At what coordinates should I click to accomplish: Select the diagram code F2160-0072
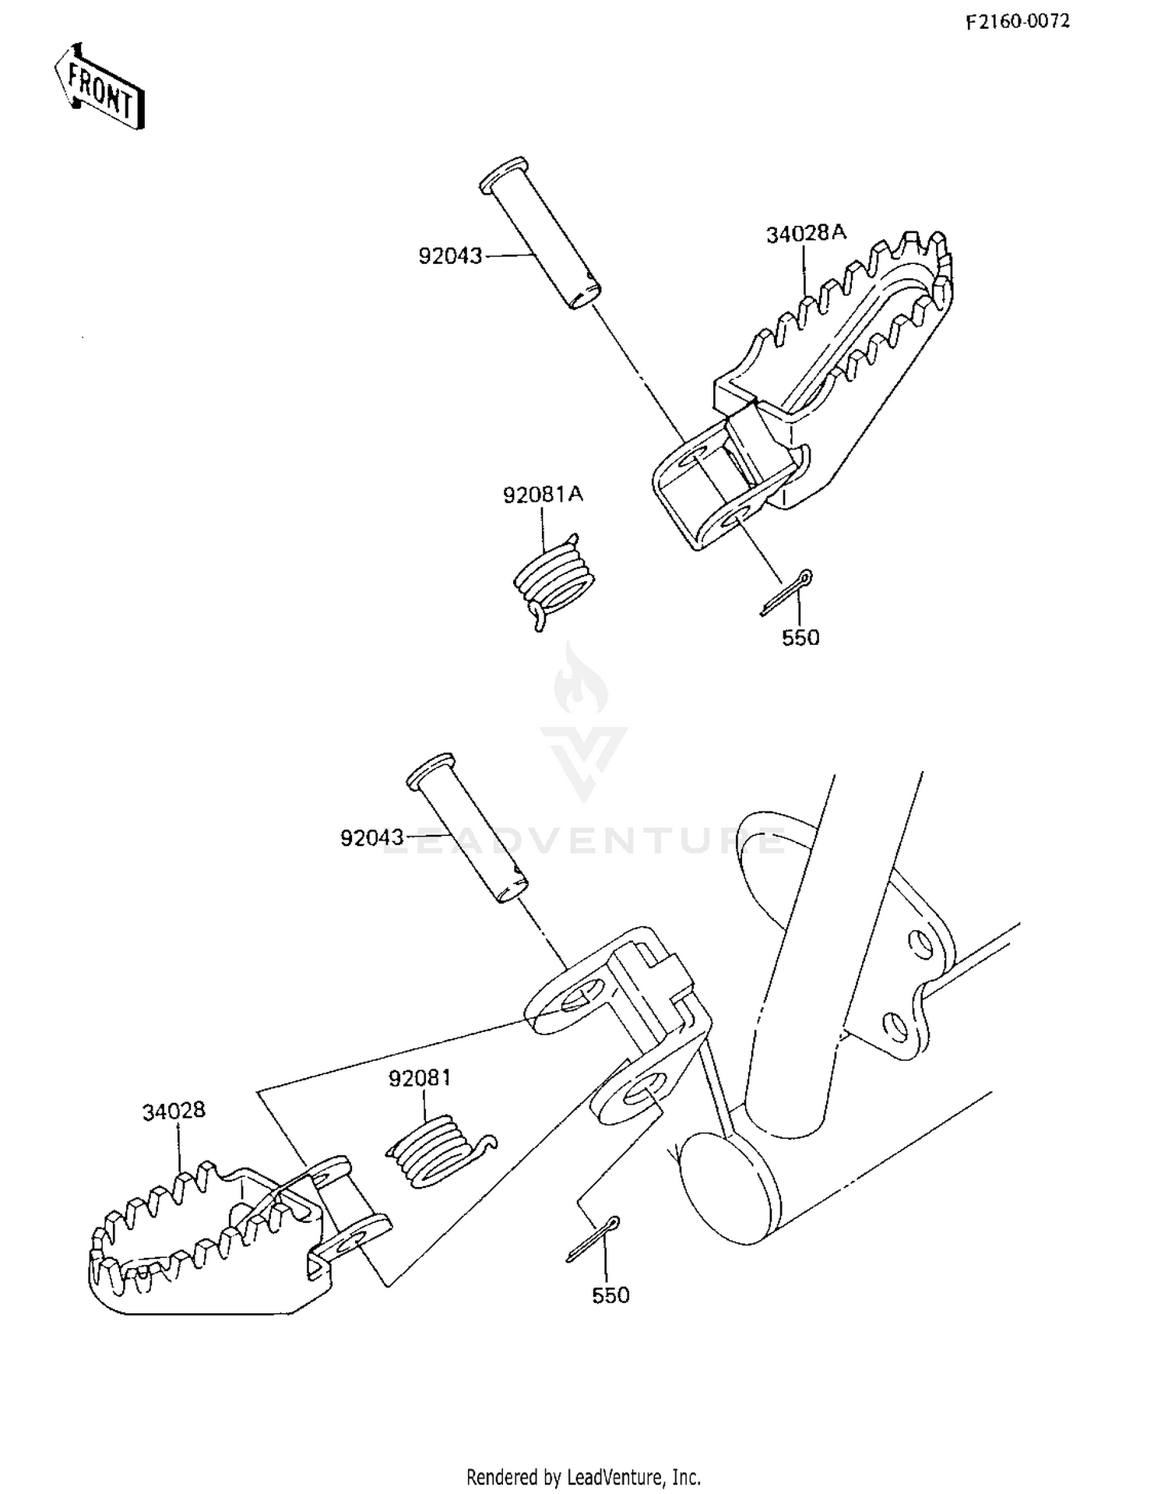(1018, 22)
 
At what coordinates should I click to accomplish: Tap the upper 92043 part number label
(450, 256)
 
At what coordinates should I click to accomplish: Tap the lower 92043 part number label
(372, 838)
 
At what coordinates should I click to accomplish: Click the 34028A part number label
(805, 234)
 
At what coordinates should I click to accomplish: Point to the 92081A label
(542, 495)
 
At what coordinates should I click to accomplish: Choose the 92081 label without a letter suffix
(420, 1078)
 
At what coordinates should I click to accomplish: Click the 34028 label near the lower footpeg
(173, 1111)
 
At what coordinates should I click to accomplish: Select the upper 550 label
(800, 638)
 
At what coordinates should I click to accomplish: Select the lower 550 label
(610, 1295)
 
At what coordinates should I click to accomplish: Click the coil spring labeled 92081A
(553, 580)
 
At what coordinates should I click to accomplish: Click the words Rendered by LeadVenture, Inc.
(583, 1476)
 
